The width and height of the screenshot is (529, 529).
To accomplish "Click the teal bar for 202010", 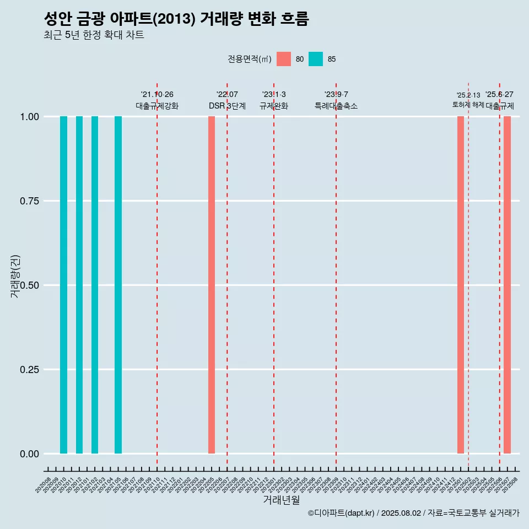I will click(x=63, y=285).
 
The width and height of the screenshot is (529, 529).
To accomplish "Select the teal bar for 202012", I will click(x=79, y=285).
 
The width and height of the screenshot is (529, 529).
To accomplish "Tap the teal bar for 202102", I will click(x=95, y=285).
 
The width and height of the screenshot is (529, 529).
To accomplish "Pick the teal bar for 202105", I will click(x=118, y=285).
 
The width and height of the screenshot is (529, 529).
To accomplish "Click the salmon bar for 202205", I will click(x=212, y=285).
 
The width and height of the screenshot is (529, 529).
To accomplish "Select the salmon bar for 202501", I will click(x=461, y=285).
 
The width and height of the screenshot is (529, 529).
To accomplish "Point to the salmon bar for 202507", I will click(x=507, y=285).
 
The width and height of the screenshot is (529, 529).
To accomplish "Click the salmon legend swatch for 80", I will click(x=284, y=59).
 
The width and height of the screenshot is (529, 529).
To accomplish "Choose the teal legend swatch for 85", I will click(x=316, y=59).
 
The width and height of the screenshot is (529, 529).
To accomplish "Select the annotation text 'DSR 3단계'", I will click(x=227, y=106).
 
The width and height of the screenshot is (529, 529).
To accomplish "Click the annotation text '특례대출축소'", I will click(x=336, y=106).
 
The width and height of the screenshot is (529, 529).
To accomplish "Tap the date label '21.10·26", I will click(x=157, y=95).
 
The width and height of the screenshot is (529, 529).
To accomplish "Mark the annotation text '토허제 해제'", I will click(x=468, y=105).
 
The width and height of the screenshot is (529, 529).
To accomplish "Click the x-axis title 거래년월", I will click(x=281, y=500).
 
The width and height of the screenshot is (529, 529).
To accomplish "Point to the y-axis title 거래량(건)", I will click(x=15, y=277).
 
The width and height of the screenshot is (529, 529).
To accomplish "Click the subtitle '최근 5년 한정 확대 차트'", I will click(x=94, y=35).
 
